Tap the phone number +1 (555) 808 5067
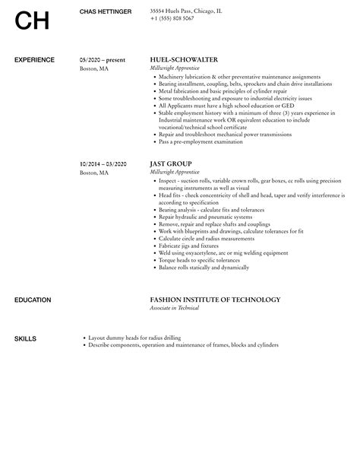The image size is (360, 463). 172,17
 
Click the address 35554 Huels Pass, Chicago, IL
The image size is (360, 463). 186,11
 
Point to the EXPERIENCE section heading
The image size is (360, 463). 34,59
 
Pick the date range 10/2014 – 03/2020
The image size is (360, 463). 104,163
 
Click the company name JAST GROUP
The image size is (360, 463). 170,163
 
